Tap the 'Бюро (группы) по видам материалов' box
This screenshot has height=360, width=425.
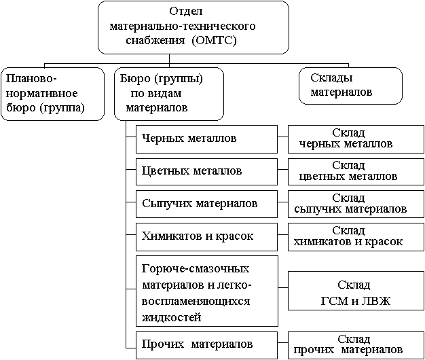(169, 93)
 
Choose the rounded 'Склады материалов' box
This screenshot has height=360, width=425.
(350, 84)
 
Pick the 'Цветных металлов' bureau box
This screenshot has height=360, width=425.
(206, 170)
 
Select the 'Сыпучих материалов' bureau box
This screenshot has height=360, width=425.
(206, 203)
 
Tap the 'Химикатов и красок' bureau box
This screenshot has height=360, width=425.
(206, 236)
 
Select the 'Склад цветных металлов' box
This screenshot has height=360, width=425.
(348, 170)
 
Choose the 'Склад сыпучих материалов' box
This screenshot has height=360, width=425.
(348, 203)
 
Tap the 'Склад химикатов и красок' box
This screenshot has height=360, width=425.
(348, 236)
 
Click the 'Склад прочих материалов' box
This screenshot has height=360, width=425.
(348, 344)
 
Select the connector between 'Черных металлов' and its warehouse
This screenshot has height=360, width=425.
(282, 139)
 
